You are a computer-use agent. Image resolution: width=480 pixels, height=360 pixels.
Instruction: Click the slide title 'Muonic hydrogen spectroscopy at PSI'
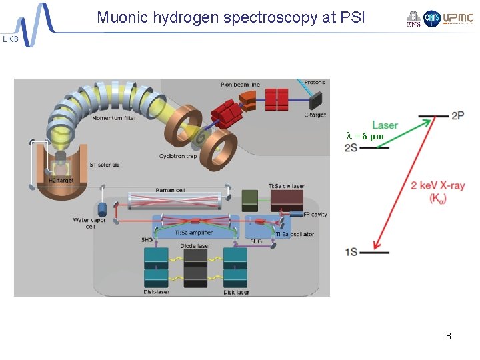click(x=231, y=17)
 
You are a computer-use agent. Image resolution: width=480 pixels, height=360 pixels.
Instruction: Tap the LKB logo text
click(x=11, y=39)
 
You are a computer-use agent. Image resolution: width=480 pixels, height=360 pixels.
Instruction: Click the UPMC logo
click(x=459, y=19)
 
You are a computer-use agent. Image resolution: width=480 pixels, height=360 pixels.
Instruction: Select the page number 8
click(x=449, y=336)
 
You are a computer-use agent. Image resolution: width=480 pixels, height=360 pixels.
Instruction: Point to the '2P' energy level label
click(x=457, y=116)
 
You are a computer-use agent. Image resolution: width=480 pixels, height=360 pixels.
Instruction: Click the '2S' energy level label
click(x=351, y=147)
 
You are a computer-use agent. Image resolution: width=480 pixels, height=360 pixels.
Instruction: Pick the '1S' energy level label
click(x=351, y=252)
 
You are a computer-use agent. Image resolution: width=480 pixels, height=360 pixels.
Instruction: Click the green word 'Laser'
click(x=385, y=125)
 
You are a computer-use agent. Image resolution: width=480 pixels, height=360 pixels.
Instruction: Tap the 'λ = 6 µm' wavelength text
click(x=365, y=136)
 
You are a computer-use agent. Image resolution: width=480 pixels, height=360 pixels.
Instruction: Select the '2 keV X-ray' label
click(x=438, y=185)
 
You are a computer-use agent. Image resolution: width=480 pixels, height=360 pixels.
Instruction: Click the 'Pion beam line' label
click(x=240, y=85)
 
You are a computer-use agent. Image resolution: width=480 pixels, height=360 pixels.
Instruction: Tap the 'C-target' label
click(x=315, y=115)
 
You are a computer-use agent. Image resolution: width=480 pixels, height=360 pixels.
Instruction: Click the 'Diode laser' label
click(x=195, y=245)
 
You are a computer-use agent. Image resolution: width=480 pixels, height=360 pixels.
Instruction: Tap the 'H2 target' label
click(x=60, y=180)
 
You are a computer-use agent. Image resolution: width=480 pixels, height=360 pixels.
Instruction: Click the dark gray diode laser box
click(x=195, y=267)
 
